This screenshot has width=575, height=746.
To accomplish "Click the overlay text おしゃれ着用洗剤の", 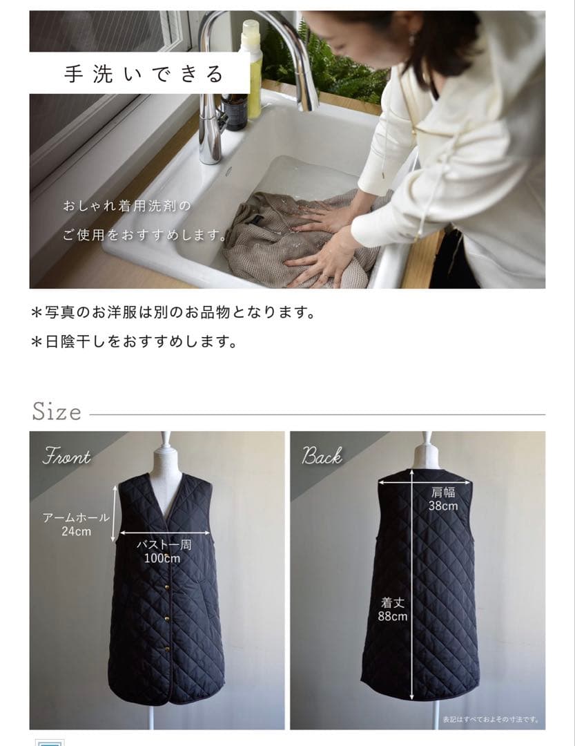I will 125,206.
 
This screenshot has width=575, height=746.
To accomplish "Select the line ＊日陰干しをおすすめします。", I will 135,342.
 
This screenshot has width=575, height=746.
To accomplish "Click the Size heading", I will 57,412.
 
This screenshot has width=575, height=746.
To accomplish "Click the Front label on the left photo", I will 67,457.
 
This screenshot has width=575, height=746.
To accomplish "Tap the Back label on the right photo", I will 322,456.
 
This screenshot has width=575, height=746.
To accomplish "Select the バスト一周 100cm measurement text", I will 163,551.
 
